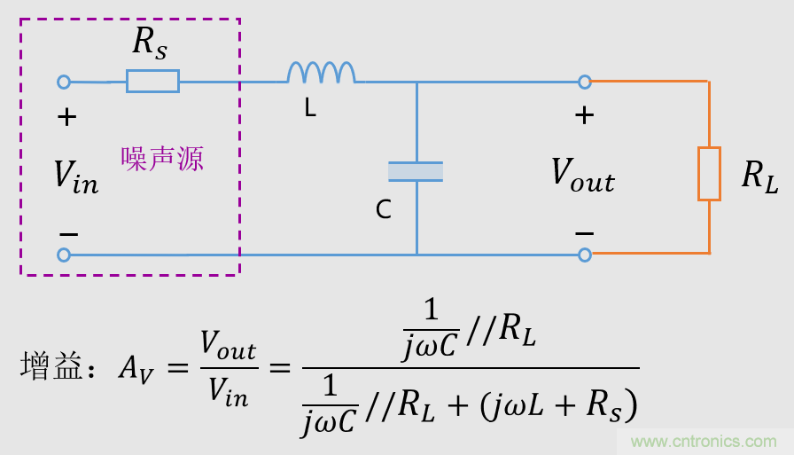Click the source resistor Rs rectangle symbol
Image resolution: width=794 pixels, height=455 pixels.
click(152, 82)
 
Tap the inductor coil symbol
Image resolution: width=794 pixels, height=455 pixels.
click(321, 73)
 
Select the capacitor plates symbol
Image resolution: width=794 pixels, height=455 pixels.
click(416, 172)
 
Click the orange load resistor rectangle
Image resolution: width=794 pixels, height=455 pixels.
click(709, 174)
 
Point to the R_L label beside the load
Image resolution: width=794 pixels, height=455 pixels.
click(759, 178)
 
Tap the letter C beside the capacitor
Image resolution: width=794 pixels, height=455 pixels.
click(383, 210)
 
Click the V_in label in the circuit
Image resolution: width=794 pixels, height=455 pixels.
click(76, 176)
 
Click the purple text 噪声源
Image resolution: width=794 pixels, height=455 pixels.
click(163, 159)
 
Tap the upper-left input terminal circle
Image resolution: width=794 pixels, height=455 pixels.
click(64, 82)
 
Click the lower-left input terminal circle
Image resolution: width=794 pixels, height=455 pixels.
click(64, 255)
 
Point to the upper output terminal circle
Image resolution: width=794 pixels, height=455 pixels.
click(584, 82)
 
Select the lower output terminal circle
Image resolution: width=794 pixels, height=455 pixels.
click(584, 255)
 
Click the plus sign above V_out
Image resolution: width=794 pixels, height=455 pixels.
click(584, 114)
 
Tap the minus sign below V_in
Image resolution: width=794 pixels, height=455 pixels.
click(68, 233)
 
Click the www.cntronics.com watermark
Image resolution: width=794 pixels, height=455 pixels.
click(704, 441)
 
